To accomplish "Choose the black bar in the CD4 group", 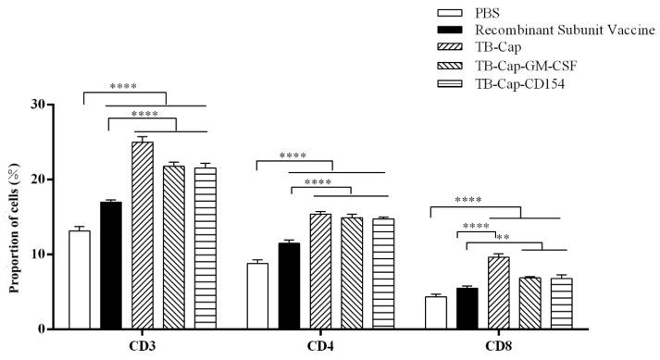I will pos(289,286).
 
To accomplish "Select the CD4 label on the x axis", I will pos(319,347).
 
